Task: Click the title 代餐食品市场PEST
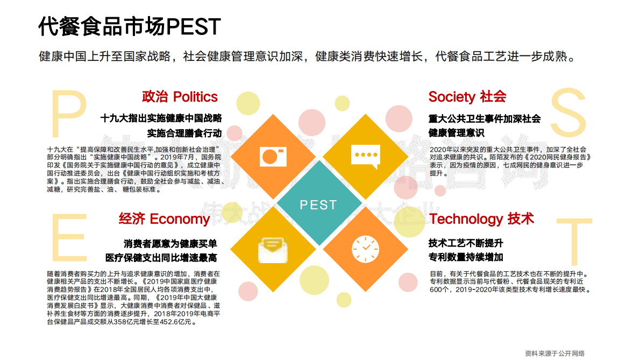coord(130,26)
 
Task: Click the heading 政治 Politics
coord(180,97)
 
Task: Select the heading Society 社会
coord(467,97)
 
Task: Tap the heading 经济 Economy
coord(164,219)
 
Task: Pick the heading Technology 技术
coord(481,219)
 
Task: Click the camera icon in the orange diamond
coord(273,156)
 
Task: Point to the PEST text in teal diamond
coord(318,205)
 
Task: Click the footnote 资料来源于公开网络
coord(554,353)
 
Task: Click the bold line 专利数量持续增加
coord(466,257)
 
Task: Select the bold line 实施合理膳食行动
coord(184,132)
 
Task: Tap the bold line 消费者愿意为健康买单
coord(170,243)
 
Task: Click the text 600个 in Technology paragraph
coord(438,290)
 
